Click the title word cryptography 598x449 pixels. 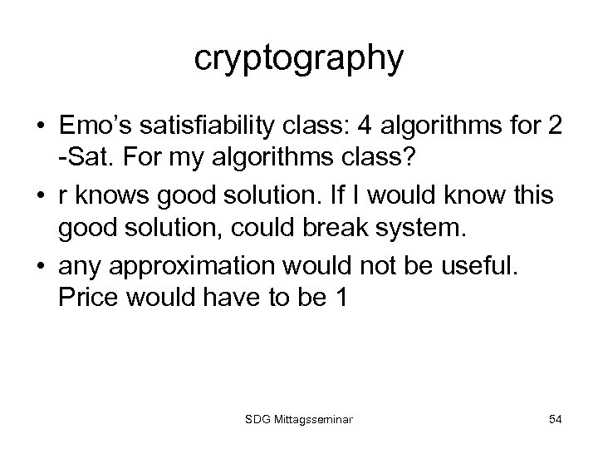pyautogui.click(x=299, y=59)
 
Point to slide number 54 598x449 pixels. pyautogui.click(x=554, y=420)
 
